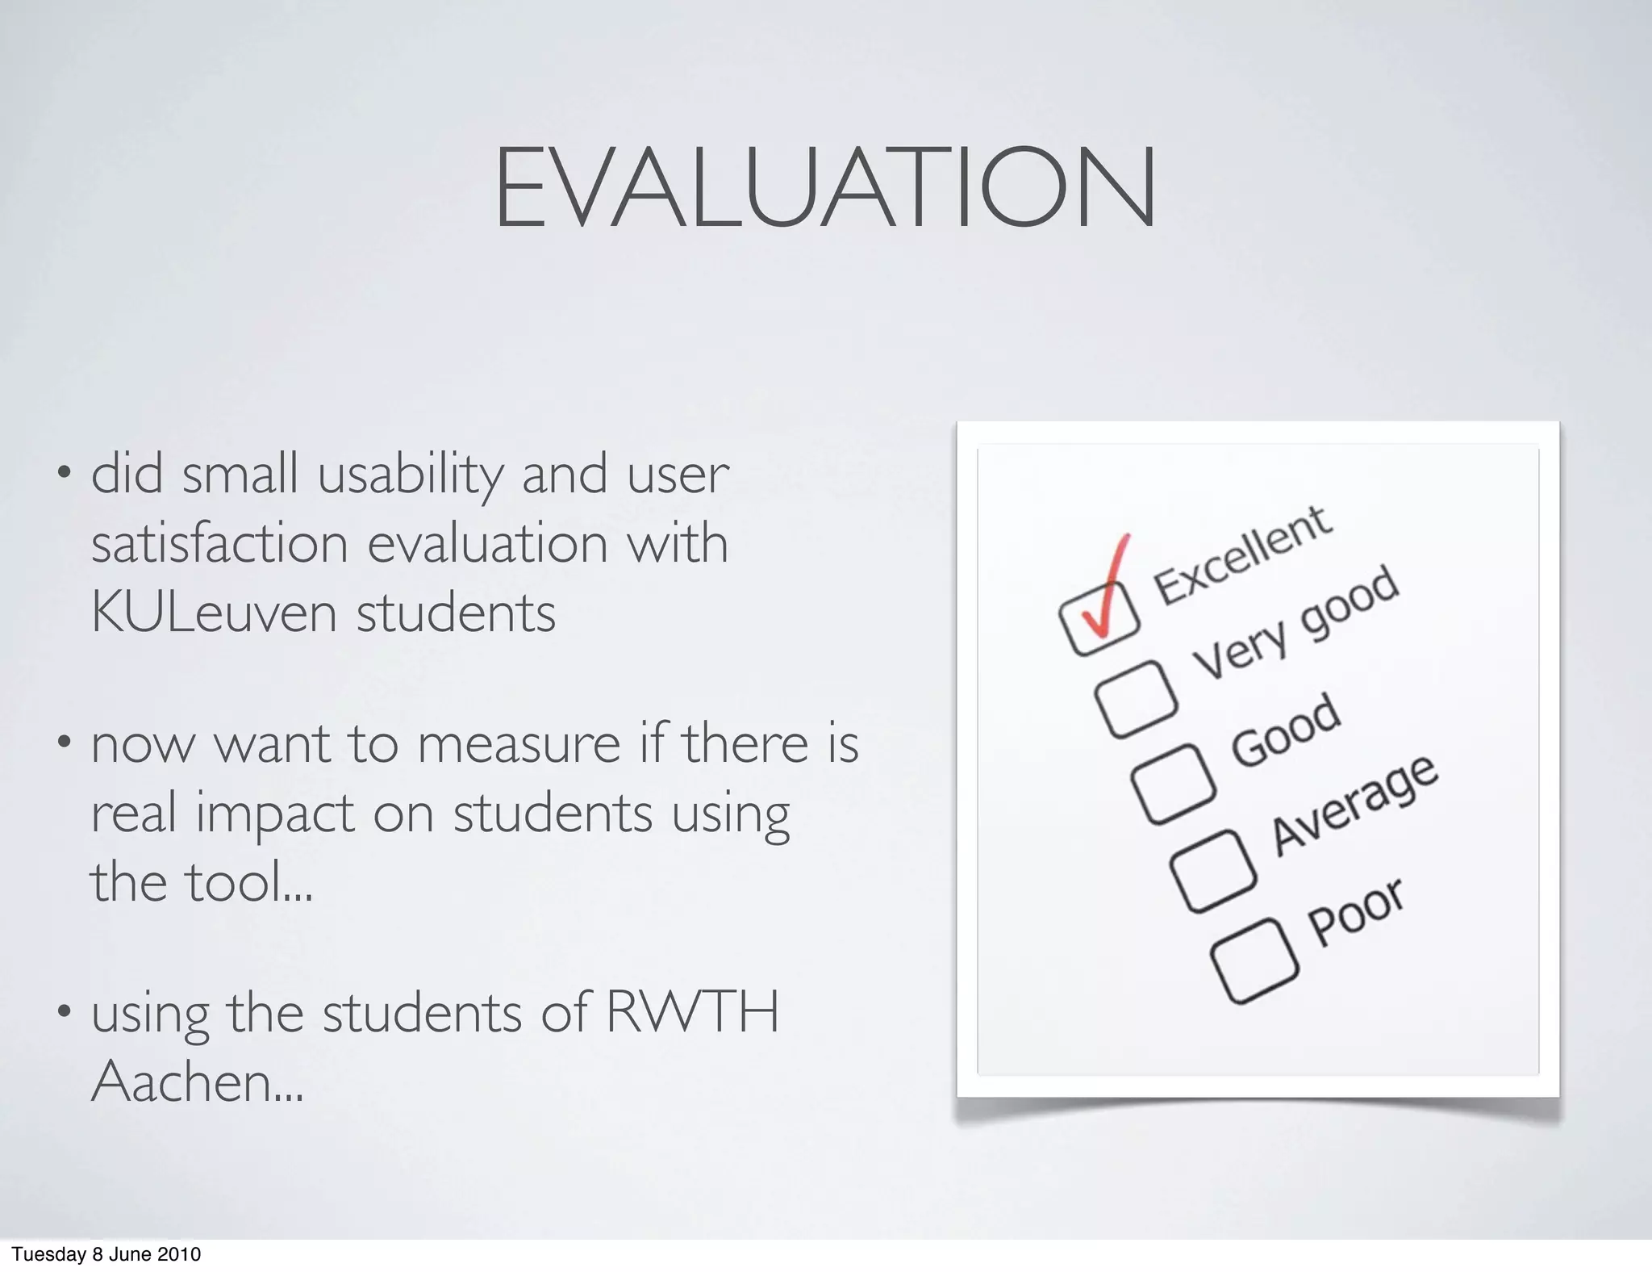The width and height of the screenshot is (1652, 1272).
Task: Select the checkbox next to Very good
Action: coord(1135,698)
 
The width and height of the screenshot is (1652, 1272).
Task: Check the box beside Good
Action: coord(1173,784)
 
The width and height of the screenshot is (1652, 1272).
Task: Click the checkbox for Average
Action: coord(1213,872)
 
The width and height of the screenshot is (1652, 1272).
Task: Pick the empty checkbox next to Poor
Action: coord(1254,960)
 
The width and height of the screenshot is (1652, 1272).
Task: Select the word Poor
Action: coord(1355,911)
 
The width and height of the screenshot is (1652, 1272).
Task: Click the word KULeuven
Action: coord(213,613)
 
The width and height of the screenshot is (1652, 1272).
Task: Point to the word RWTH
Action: coord(692,1011)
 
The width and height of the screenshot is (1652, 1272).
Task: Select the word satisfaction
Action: coord(219,544)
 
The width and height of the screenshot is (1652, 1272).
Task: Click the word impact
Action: coord(274,813)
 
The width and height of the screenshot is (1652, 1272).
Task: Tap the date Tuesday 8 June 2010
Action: coord(106,1254)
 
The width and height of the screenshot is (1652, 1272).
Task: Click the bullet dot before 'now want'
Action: coord(63,741)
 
